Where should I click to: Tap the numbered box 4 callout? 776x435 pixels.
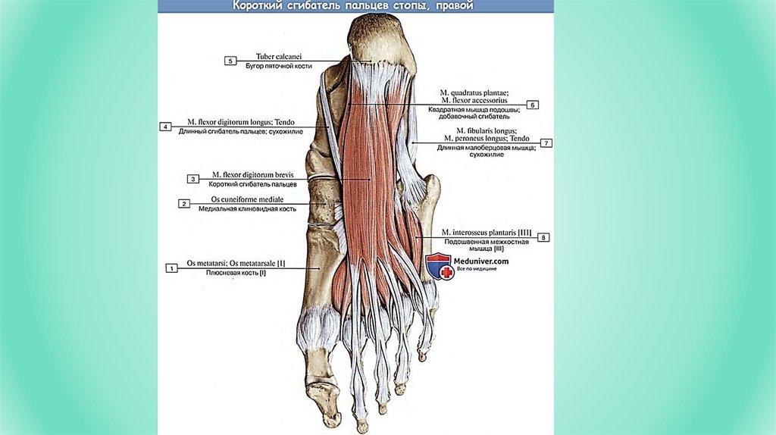[164, 126]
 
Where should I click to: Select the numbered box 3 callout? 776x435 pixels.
[193, 179]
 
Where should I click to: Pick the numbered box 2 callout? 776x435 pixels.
[183, 203]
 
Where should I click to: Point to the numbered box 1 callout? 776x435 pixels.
[172, 267]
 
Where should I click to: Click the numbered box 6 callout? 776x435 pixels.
[532, 105]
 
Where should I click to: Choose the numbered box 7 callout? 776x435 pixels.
[546, 142]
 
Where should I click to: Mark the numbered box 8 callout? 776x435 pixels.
[543, 237]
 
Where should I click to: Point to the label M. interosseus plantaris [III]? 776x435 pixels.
[487, 233]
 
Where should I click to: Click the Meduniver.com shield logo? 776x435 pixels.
[438, 265]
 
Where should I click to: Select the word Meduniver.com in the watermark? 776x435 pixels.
[481, 261]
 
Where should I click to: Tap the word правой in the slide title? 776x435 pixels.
[455, 6]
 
